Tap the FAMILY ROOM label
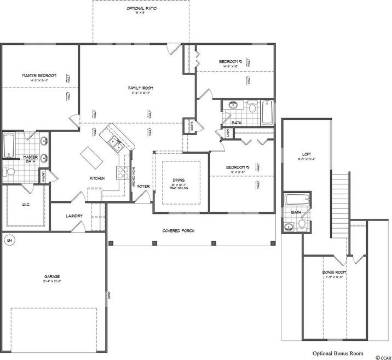pos(140,88)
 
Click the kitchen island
pos(91,159)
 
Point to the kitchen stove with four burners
pos(120,172)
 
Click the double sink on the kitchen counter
pos(115,143)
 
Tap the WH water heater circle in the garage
pos(9,239)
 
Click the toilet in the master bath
pos(9,171)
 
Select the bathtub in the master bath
pos(9,146)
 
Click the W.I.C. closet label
pos(25,206)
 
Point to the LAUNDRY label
pos(74,216)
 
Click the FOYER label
pos(143,187)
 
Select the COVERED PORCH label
pos(178,230)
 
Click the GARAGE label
pos(52,276)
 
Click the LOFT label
pos(307,154)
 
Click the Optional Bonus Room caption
pos(337,353)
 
